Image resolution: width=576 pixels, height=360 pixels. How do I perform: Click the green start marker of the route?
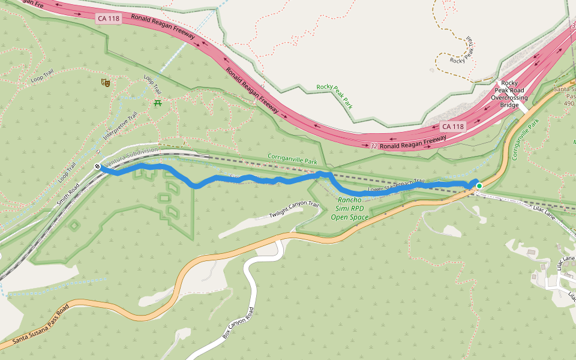[479, 186]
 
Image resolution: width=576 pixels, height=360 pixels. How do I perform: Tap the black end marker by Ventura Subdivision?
[97, 166]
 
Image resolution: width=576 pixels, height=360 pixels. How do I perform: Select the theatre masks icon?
[106, 82]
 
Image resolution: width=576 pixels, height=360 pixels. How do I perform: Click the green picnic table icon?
[158, 103]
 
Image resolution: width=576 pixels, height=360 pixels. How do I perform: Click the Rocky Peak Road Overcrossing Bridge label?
[509, 94]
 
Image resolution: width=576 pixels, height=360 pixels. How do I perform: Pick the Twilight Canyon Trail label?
[294, 210]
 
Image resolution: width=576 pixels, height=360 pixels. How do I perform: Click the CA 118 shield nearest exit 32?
[452, 127]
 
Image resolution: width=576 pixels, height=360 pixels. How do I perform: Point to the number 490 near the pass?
[569, 103]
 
